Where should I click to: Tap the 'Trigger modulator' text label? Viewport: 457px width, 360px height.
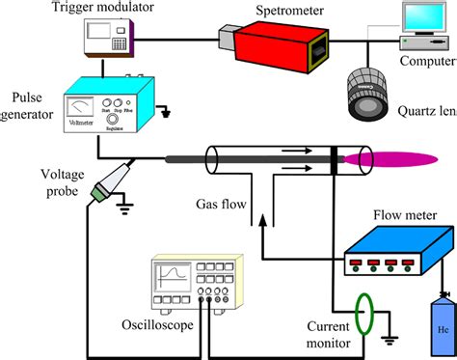(111, 10)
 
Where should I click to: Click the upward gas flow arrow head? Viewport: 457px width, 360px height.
(259, 219)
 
